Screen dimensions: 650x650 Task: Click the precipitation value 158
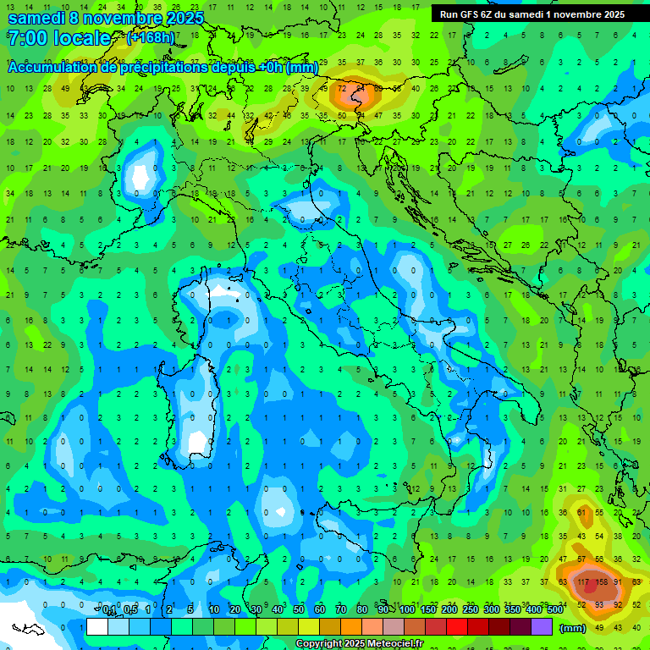click(x=602, y=581)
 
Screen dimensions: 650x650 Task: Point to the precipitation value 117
click(x=582, y=581)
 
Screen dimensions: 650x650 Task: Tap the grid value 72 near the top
click(x=343, y=88)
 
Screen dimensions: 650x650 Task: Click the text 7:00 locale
click(x=59, y=38)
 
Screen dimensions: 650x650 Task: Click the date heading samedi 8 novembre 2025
click(x=106, y=17)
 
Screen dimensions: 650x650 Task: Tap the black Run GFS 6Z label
click(x=532, y=14)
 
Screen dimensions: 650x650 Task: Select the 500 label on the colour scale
click(x=555, y=610)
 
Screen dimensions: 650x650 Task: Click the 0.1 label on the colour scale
click(x=108, y=610)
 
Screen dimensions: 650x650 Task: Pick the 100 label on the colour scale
click(x=407, y=610)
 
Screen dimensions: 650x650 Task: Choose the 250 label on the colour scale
click(x=471, y=610)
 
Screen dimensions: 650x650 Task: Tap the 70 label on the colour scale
click(x=341, y=610)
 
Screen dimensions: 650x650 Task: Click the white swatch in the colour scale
click(x=96, y=627)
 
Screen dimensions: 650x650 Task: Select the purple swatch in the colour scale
click(x=542, y=627)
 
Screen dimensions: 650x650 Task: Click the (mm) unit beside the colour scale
click(x=573, y=628)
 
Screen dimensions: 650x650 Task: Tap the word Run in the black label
click(x=449, y=14)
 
